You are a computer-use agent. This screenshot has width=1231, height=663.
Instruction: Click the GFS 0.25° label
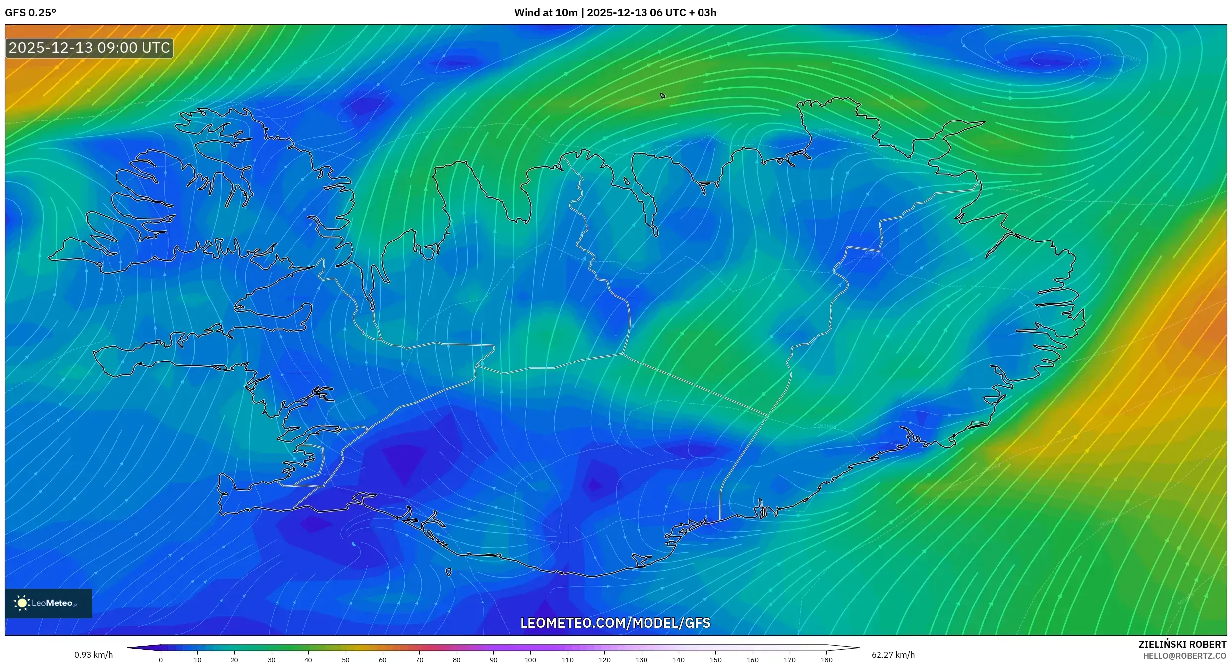pyautogui.click(x=30, y=13)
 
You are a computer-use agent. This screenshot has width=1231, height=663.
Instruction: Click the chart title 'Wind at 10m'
pyautogui.click(x=545, y=13)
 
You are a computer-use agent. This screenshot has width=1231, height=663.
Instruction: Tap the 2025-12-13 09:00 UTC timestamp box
pyautogui.click(x=89, y=48)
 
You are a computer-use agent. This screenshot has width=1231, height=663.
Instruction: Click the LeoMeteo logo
pyautogui.click(x=49, y=603)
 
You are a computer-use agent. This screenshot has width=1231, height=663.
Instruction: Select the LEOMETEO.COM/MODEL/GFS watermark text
pyautogui.click(x=615, y=623)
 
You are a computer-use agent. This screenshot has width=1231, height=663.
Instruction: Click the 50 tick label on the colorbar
pyautogui.click(x=346, y=660)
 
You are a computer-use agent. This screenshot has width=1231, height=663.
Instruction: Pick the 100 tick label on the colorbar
pyautogui.click(x=530, y=660)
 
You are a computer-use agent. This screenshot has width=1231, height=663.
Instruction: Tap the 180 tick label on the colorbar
pyautogui.click(x=826, y=660)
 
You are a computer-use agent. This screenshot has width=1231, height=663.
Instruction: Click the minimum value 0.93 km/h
pyautogui.click(x=94, y=655)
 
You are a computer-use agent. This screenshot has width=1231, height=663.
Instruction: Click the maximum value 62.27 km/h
pyautogui.click(x=893, y=655)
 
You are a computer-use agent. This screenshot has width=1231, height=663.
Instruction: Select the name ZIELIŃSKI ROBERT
pyautogui.click(x=1182, y=644)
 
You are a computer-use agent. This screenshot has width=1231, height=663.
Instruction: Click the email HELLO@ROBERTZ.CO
pyautogui.click(x=1184, y=656)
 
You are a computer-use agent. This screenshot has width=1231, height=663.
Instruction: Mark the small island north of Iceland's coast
pyautogui.click(x=663, y=96)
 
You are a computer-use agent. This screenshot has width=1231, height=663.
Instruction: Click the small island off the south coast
pyautogui.click(x=449, y=572)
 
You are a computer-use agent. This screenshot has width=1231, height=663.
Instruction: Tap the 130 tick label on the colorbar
pyautogui.click(x=642, y=660)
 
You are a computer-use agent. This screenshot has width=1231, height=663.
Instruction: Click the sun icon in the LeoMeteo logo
pyautogui.click(x=22, y=603)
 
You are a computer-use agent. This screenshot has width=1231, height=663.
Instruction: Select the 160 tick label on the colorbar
pyautogui.click(x=753, y=660)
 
